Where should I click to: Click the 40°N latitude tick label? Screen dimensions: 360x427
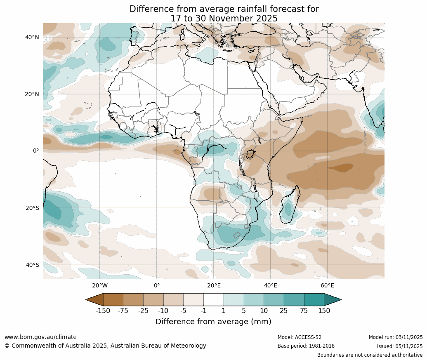(x=32, y=37)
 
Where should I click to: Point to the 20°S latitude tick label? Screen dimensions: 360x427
(x=32, y=208)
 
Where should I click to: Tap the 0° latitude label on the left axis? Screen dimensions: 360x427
(x=36, y=151)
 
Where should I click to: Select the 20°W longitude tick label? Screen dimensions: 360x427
(x=100, y=285)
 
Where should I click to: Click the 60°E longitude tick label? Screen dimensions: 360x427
(x=327, y=285)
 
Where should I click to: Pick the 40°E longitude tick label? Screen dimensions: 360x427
(x=270, y=285)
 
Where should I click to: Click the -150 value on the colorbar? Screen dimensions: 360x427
(x=103, y=311)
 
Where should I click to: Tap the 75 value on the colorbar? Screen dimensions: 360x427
(x=304, y=311)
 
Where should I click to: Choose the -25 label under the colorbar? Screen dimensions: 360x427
(x=143, y=311)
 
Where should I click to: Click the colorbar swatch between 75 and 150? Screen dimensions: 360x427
(x=314, y=299)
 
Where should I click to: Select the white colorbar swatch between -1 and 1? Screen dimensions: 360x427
(x=213, y=299)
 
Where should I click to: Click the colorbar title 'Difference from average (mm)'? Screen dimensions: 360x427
(x=213, y=322)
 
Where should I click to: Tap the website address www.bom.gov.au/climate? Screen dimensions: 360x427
(x=40, y=337)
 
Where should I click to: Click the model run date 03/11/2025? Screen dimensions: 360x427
(x=409, y=337)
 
